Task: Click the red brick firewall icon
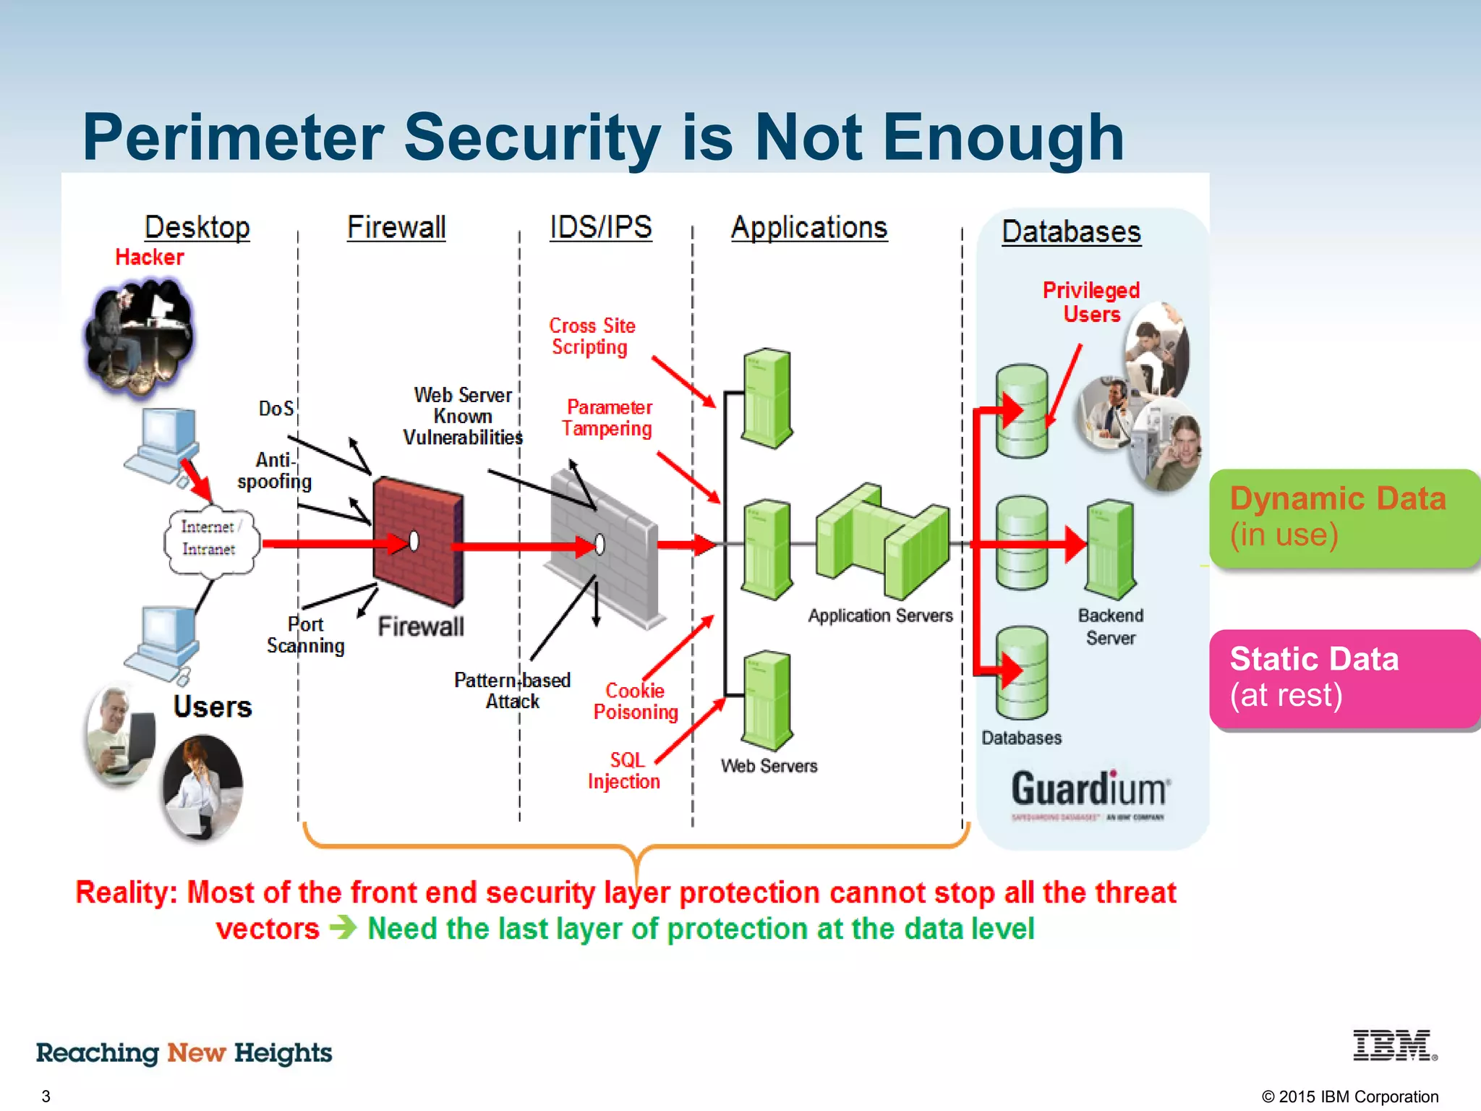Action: coord(418,541)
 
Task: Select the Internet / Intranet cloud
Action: coord(210,540)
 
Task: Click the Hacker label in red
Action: coord(150,257)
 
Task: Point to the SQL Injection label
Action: coord(624,771)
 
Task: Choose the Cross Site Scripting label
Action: coord(592,336)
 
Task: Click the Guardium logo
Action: coord(1089,791)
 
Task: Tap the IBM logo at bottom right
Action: coord(1394,1046)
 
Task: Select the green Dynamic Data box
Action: coord(1344,518)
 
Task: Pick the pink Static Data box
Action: coord(1344,678)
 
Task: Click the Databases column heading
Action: coord(1071,232)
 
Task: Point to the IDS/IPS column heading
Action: coord(600,227)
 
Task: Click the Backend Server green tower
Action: coord(1111,550)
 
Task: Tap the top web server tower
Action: coord(767,398)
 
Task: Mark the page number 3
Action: coord(46,1096)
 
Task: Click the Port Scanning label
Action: coord(305,635)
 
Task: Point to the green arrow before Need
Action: coord(343,927)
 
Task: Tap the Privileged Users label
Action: coord(1091,302)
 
